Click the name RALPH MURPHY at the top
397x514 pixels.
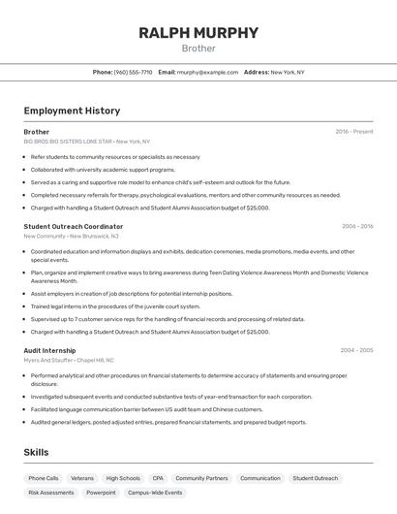(x=198, y=33)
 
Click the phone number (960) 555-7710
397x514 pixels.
(x=133, y=72)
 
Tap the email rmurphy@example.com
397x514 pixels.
(x=208, y=72)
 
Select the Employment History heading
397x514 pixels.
(x=72, y=111)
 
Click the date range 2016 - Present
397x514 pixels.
(x=353, y=131)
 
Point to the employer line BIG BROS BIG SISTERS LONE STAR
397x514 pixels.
(x=87, y=142)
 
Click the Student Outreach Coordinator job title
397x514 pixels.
(x=74, y=226)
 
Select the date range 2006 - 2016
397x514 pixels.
(x=356, y=226)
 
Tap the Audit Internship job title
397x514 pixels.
(x=49, y=349)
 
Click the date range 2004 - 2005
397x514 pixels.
(x=356, y=349)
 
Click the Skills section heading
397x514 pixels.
(x=37, y=452)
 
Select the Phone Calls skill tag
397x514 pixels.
(x=44, y=478)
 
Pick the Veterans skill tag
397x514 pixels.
(x=82, y=478)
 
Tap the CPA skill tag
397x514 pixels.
(x=158, y=478)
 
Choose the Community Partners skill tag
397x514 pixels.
(x=201, y=478)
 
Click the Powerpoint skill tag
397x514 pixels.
(x=101, y=493)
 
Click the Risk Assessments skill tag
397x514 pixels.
(x=51, y=493)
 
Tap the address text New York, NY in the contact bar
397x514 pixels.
(x=287, y=72)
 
